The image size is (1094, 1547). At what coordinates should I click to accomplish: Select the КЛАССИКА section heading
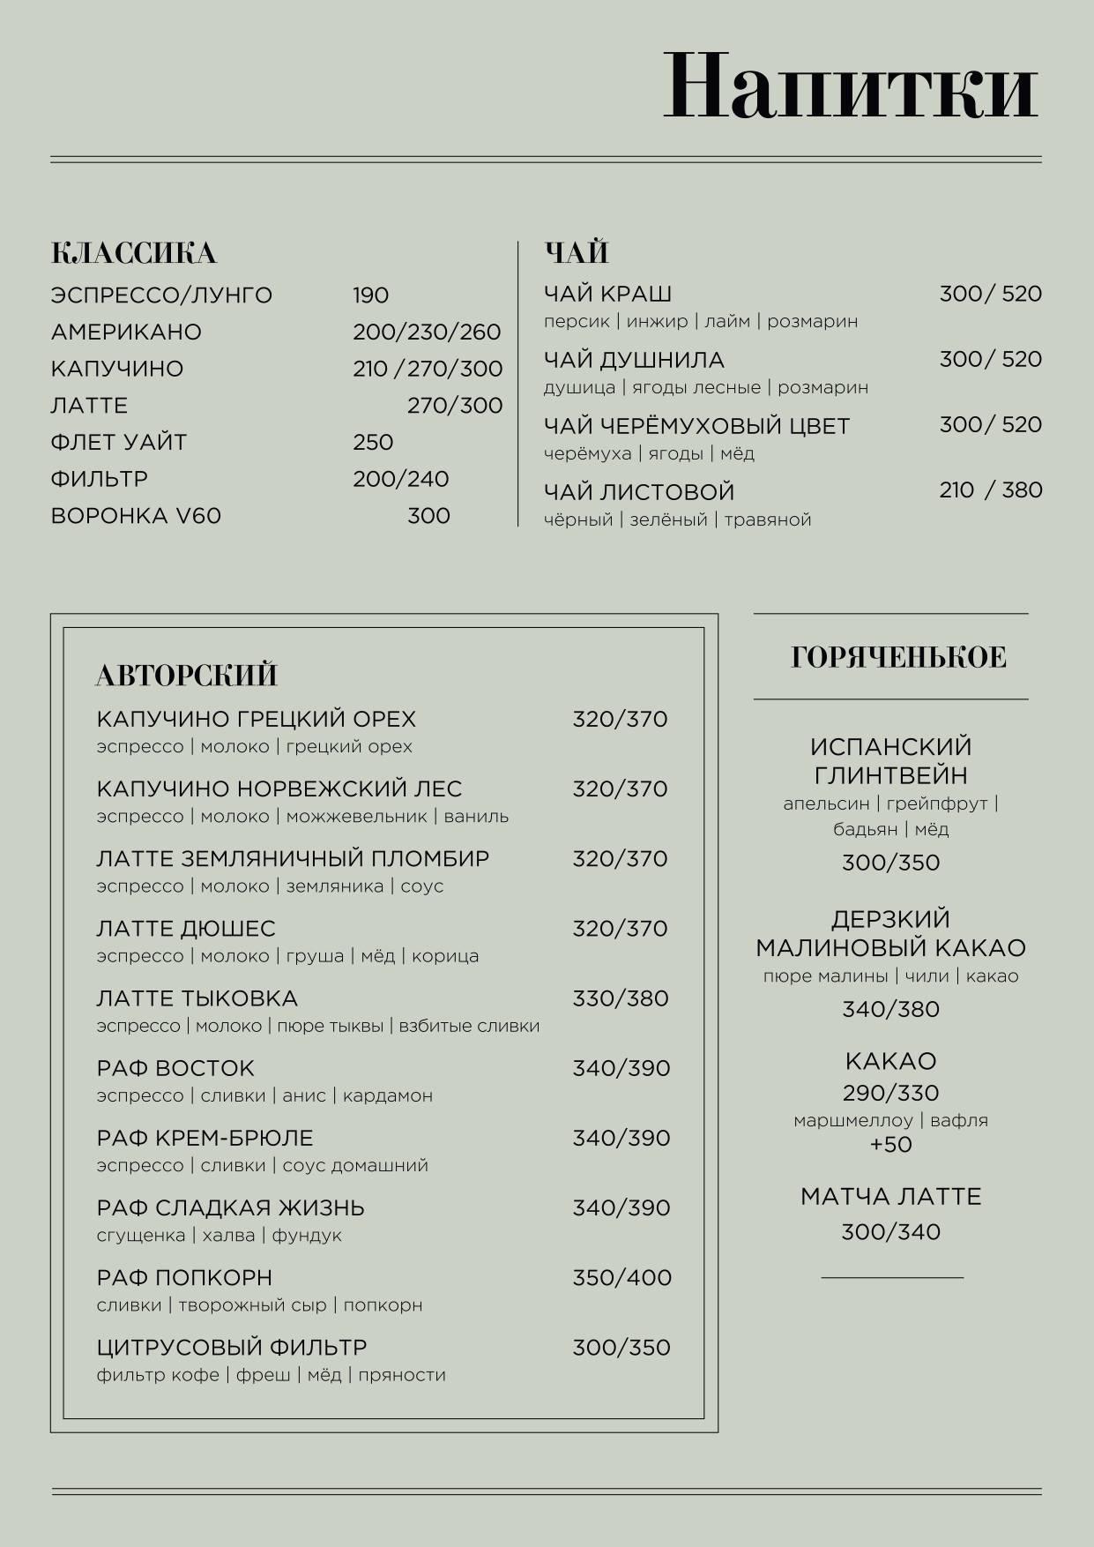134,253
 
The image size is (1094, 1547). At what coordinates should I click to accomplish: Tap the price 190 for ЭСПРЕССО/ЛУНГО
370,295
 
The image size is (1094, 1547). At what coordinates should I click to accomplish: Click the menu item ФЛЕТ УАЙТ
119,442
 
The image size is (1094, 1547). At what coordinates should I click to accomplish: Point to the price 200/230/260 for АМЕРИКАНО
427,333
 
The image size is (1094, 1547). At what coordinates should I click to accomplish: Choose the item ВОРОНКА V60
136,516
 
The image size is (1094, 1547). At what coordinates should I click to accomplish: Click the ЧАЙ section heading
577,253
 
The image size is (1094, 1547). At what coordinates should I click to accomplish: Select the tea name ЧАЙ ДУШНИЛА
634,360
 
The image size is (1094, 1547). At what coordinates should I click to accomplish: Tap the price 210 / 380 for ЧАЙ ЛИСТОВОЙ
990,490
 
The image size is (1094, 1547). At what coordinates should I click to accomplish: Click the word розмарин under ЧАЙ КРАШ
812,321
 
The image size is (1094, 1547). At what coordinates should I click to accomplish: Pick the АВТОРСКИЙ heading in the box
187,676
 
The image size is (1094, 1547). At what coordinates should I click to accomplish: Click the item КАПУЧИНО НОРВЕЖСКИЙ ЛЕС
279,788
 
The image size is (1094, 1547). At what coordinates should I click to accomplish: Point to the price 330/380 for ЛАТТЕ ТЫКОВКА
620,998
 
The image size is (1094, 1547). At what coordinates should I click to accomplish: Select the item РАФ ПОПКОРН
184,1277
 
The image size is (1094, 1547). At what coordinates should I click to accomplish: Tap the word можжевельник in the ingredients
356,816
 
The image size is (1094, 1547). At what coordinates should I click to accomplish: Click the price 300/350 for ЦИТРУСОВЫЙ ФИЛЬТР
621,1348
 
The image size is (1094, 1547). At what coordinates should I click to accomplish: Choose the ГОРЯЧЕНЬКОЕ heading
898,658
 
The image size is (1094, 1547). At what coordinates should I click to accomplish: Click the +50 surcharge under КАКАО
890,1145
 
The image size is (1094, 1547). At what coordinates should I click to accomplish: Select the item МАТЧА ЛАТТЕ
890,1197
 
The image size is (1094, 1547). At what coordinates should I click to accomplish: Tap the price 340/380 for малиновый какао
890,1009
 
